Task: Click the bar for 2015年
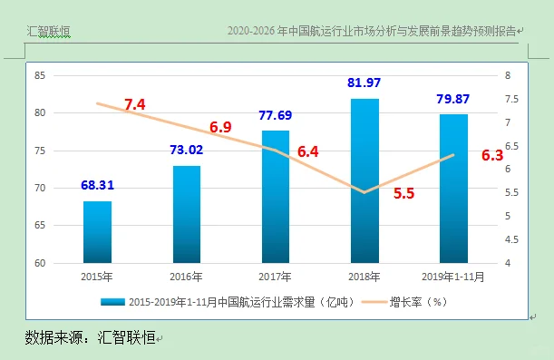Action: (x=97, y=232)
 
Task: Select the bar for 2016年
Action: (x=187, y=215)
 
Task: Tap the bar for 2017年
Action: (x=276, y=197)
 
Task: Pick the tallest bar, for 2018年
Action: (x=364, y=181)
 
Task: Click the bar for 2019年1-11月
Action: (x=453, y=189)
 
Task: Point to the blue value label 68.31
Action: (x=98, y=186)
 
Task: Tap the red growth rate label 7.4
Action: (x=135, y=105)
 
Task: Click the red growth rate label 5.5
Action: (x=404, y=193)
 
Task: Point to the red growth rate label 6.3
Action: (x=492, y=155)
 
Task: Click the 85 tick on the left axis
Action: (x=40, y=75)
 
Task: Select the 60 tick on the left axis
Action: (x=40, y=264)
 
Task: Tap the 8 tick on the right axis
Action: (x=508, y=75)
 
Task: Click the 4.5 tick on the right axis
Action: (x=510, y=240)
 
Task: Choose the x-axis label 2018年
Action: (x=364, y=276)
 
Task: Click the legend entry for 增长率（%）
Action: (x=420, y=301)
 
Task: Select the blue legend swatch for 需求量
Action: (x=112, y=301)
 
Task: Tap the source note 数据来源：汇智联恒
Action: (x=90, y=337)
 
